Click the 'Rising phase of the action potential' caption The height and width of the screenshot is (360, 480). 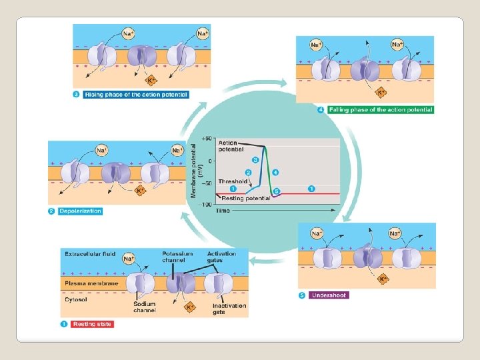[x=136, y=95]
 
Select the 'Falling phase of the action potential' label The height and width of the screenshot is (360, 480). [x=380, y=110]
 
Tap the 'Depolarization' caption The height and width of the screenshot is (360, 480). [x=81, y=211]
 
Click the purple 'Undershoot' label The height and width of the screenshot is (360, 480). [x=329, y=295]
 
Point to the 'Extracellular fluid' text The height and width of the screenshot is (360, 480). [x=90, y=254]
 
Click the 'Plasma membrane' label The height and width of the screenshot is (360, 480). [x=91, y=283]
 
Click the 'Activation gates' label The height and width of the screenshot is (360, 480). [x=221, y=257]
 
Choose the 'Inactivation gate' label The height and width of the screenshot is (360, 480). [x=229, y=309]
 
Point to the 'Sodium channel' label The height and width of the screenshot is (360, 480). [x=144, y=307]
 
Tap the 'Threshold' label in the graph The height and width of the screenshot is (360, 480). [x=233, y=181]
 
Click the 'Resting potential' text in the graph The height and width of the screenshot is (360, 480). [x=245, y=198]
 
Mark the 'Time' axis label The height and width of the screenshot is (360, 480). [x=223, y=211]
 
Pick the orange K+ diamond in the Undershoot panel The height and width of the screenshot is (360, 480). [x=382, y=279]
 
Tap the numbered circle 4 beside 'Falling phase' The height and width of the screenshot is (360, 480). [x=321, y=110]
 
